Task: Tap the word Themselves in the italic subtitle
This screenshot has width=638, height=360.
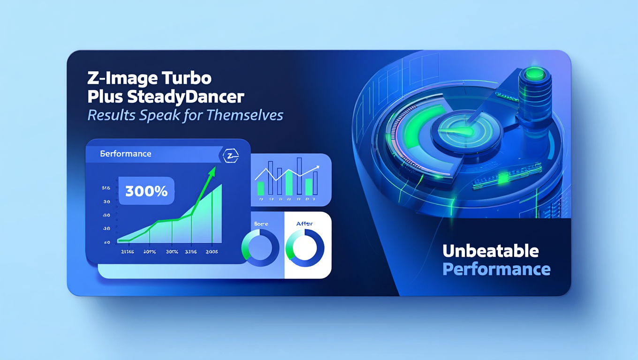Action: pyautogui.click(x=249, y=115)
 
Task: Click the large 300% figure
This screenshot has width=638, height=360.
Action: pyautogui.click(x=146, y=191)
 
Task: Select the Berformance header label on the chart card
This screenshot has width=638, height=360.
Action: pyautogui.click(x=126, y=154)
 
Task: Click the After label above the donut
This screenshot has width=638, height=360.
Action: pyautogui.click(x=304, y=224)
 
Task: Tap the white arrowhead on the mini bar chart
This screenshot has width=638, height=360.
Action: pyautogui.click(x=317, y=166)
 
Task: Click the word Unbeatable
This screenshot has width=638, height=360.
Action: pyautogui.click(x=490, y=251)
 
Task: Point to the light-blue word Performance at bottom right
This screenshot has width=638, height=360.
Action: pyautogui.click(x=496, y=270)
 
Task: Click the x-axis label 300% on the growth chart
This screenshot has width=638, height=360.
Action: pyautogui.click(x=172, y=252)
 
